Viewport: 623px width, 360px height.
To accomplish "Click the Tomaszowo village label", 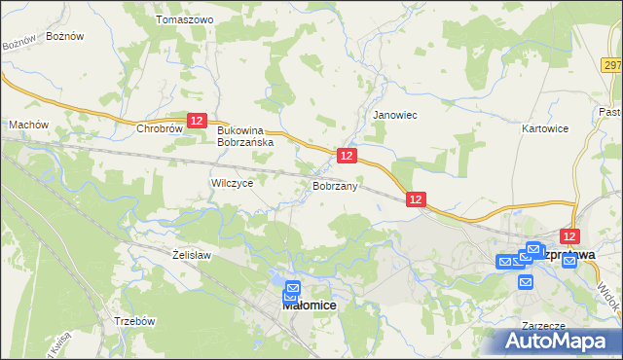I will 184,19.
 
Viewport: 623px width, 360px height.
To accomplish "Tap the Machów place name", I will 28,125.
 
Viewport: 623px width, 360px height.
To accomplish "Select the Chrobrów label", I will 161,127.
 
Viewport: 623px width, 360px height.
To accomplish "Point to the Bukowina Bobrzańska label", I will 246,135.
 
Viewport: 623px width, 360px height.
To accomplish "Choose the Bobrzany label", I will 336,185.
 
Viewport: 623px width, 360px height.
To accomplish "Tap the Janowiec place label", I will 395,114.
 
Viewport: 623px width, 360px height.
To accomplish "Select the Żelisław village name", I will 191,255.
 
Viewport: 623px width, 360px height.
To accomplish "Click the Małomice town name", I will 309,305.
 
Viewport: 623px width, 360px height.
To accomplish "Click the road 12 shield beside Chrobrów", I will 197,120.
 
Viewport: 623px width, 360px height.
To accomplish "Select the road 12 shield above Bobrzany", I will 346,156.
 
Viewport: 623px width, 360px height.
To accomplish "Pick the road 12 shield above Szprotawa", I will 570,236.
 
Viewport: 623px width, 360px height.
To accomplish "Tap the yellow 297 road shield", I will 612,65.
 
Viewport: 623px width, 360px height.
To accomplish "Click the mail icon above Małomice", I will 292,288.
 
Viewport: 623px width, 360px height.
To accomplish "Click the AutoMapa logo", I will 559,340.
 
